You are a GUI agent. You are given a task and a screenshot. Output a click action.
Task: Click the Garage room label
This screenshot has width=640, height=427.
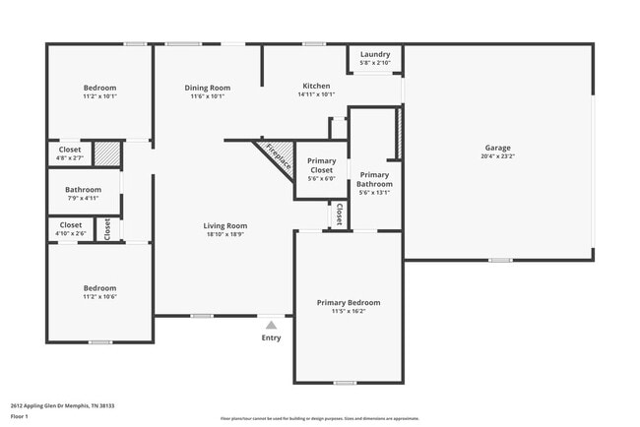pos(497,148)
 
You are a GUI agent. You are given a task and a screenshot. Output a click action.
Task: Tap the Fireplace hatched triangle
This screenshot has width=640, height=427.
pos(275,155)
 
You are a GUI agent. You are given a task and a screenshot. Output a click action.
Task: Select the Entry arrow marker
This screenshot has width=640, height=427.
pos(271,325)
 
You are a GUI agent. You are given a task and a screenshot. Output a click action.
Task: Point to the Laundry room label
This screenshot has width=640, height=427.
pos(375,54)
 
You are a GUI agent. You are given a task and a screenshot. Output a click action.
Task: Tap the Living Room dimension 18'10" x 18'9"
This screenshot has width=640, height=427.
pos(225,234)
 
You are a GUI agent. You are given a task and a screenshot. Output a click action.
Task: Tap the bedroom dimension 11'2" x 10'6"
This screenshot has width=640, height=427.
pos(98,297)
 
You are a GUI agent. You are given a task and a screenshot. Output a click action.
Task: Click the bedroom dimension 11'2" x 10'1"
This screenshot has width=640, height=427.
pos(98,96)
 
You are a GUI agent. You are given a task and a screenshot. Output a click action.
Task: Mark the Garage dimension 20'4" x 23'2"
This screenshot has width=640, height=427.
pos(497,156)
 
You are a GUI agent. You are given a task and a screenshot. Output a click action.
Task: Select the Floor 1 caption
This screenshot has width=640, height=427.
pos(20,416)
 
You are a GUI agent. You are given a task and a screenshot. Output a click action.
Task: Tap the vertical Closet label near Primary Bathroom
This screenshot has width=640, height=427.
pos(339,213)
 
